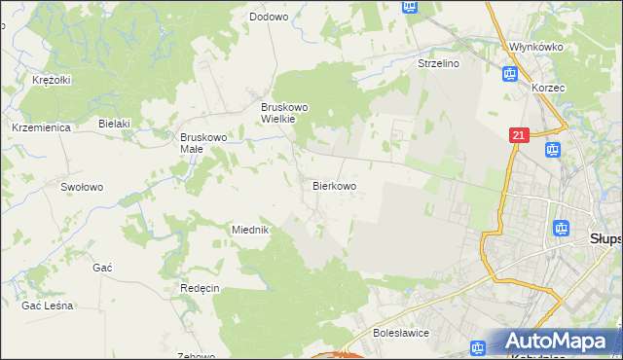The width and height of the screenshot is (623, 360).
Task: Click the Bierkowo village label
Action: point(334,185)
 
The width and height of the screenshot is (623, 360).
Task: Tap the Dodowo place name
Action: point(269,17)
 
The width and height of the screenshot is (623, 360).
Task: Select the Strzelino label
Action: point(438,62)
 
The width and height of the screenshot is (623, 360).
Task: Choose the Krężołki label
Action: point(51,80)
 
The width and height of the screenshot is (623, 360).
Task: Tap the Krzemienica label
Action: point(37,127)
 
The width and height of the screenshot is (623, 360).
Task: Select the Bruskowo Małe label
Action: point(203,143)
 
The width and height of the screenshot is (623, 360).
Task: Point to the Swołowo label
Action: point(82,187)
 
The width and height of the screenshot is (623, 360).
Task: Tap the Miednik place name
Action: point(250,230)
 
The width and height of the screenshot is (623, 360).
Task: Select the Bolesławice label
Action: point(402,333)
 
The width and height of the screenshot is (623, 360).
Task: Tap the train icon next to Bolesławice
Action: point(478,347)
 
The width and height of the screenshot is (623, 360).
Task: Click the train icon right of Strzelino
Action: point(509,73)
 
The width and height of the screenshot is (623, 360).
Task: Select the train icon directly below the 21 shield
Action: point(552,150)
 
